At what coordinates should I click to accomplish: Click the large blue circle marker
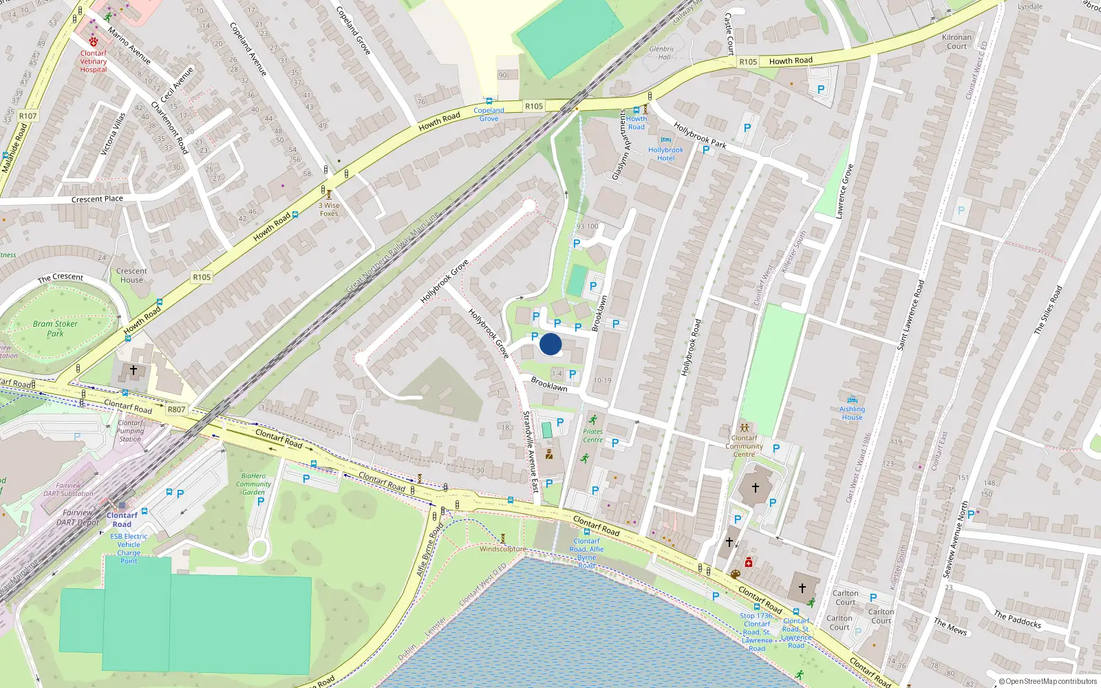550,344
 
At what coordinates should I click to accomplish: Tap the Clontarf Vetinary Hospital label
94,61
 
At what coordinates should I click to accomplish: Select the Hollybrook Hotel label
665,154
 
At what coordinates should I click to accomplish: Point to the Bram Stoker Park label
55,329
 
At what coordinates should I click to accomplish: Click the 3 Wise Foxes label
329,209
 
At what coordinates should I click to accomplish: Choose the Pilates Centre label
592,436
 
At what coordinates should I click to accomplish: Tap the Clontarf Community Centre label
744,446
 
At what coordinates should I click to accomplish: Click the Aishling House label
852,413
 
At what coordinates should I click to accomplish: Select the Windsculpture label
502,549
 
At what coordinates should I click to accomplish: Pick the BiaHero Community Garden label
253,484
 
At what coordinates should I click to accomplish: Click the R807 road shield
176,409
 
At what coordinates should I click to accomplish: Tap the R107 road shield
28,116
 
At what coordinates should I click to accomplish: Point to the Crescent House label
131,275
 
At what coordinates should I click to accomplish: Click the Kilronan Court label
956,42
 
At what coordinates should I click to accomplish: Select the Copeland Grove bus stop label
489,114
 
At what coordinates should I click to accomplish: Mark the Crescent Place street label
97,200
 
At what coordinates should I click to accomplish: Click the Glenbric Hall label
662,53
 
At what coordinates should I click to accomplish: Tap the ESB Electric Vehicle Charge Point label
129,548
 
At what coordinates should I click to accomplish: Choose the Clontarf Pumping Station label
130,431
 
